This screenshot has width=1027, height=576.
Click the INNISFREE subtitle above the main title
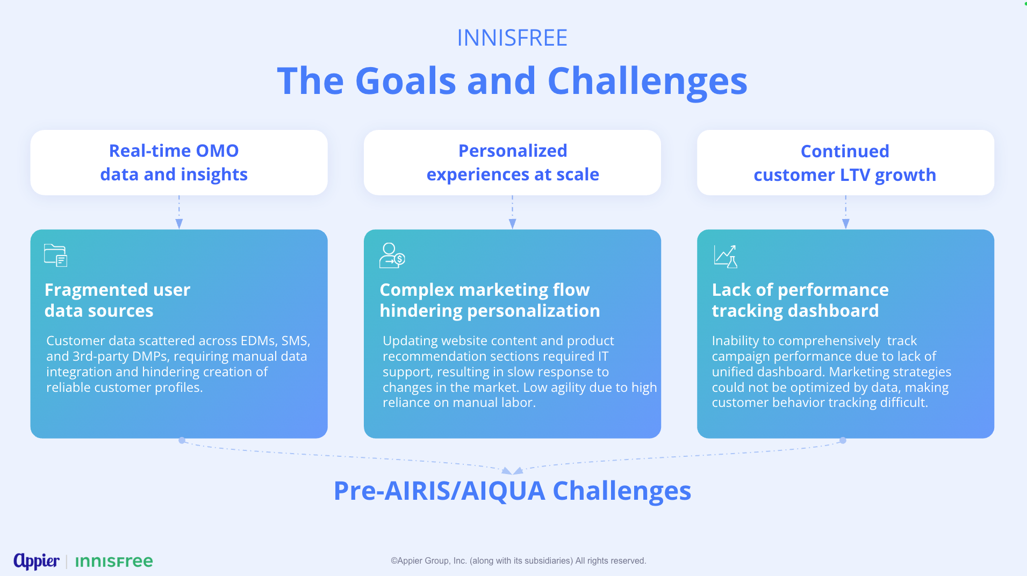click(512, 38)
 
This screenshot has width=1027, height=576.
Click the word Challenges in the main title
click(647, 82)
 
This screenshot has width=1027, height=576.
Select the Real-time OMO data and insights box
click(179, 163)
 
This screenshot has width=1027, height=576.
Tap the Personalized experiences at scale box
click(512, 163)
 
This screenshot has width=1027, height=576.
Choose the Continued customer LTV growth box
click(845, 163)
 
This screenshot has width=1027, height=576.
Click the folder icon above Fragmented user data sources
click(55, 255)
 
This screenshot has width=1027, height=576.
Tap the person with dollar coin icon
click(392, 256)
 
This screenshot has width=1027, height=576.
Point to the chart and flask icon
click(726, 257)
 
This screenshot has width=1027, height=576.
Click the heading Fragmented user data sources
click(117, 300)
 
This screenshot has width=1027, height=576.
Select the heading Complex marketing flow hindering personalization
click(490, 300)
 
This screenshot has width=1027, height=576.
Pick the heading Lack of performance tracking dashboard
click(800, 300)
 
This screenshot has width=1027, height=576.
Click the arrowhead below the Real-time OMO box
click(179, 224)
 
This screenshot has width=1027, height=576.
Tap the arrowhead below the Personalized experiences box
click(512, 224)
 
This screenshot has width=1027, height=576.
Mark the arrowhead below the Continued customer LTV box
click(845, 224)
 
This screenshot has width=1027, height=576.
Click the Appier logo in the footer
click(37, 561)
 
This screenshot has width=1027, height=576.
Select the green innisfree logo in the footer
click(114, 562)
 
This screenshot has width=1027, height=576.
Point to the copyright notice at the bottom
click(518, 560)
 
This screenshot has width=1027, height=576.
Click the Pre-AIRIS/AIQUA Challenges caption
click(512, 491)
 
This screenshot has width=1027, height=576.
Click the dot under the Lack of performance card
click(843, 440)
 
